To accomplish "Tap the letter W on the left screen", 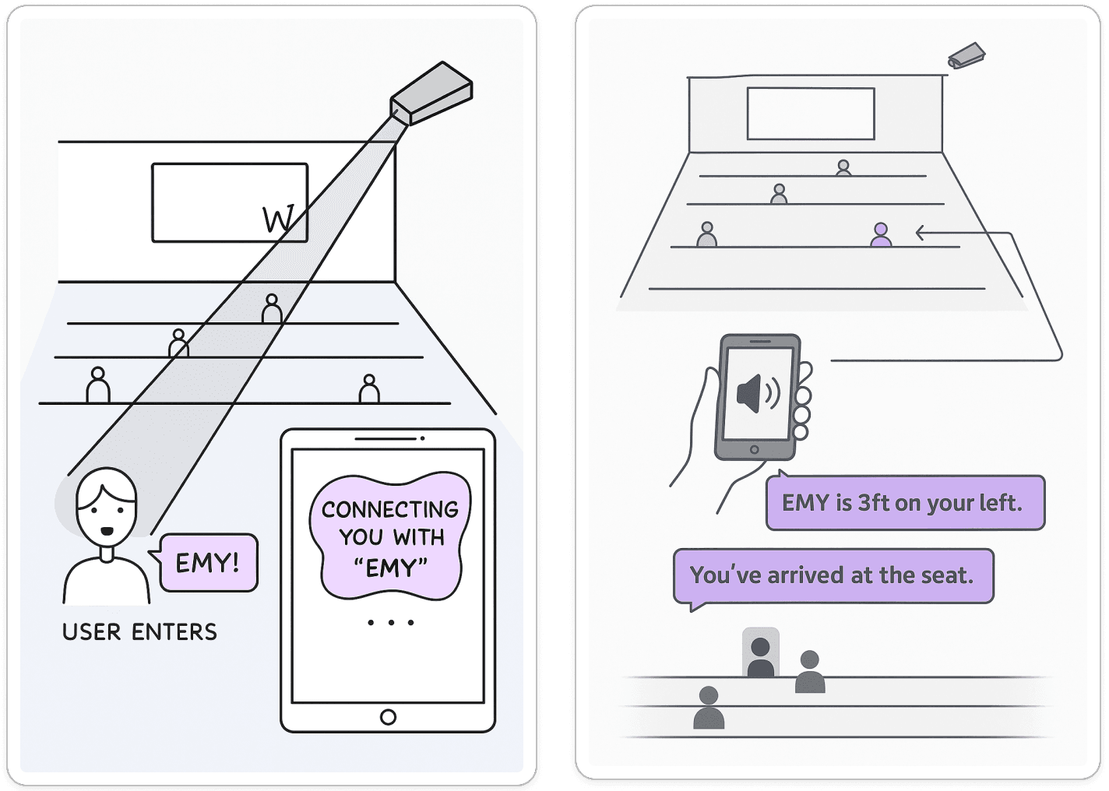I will pos(278,220).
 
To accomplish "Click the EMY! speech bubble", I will pos(208,562).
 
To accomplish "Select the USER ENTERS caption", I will pos(139,631).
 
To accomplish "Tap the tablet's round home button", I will pos(387,716).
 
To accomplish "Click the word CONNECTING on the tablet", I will pos(389,510).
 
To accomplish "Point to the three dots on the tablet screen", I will pos(390,623).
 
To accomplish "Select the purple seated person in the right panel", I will pos(881,234).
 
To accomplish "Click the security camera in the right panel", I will pos(966,57).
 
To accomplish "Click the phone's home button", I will pos(753,450).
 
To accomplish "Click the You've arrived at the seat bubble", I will pos(833,576).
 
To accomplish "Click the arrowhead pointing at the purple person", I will pos(921,232).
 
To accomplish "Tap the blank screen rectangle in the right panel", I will pos(811,114).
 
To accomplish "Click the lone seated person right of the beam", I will pos(369,388).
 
